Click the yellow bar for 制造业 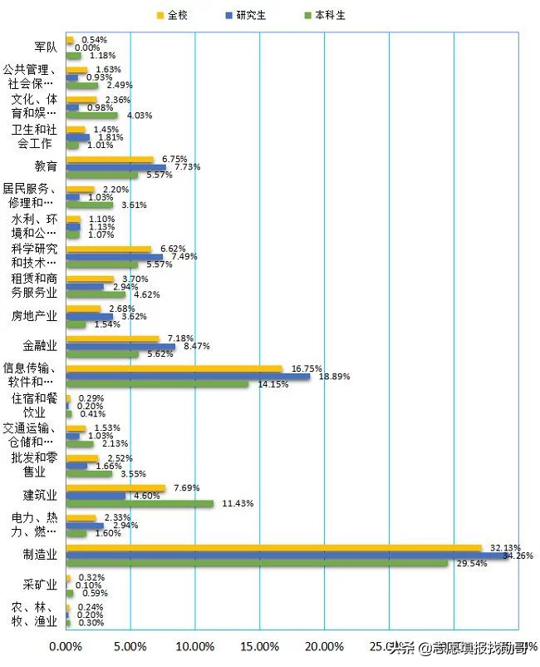(x=273, y=548)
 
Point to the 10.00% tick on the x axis (x=194, y=646)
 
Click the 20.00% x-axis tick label (x=324, y=646)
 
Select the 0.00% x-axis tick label (x=66, y=646)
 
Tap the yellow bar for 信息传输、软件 (x=174, y=369)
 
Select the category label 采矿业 (x=41, y=585)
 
